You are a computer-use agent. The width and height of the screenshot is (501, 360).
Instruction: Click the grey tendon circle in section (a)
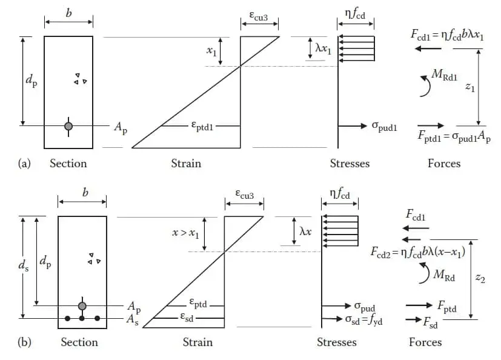point(68,126)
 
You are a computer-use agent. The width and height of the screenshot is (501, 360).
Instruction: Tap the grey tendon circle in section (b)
point(82,306)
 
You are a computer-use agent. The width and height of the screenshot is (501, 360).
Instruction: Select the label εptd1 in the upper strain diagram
point(202,126)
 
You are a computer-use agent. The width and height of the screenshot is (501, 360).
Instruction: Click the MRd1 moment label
point(445,75)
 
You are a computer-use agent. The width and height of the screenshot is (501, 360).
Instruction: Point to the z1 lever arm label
point(469,87)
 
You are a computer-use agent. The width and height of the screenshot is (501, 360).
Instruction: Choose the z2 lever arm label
point(480,278)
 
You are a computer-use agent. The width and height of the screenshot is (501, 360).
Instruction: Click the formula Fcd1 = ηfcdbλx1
point(447,35)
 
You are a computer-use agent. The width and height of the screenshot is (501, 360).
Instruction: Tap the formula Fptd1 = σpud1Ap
point(454,136)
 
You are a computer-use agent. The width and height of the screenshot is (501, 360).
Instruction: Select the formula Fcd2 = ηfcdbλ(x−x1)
point(418,252)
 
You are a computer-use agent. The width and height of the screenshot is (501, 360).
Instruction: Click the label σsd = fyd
point(363,320)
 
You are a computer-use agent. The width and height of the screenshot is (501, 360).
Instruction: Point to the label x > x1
point(185,233)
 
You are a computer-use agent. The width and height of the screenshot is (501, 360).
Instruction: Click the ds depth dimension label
point(24,265)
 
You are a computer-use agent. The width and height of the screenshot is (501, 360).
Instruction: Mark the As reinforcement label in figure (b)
point(133,320)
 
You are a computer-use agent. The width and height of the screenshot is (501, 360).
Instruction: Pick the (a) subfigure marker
point(24,164)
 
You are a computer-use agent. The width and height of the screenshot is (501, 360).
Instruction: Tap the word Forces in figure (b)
point(425,342)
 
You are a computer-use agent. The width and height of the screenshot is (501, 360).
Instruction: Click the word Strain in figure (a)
point(186,164)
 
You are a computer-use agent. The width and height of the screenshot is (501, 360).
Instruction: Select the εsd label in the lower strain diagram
point(187,317)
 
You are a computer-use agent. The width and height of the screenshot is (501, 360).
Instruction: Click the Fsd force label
point(430,322)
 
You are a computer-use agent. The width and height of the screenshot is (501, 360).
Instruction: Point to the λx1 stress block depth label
point(323,48)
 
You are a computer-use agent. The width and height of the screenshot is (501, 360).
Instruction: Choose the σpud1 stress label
point(384,127)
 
